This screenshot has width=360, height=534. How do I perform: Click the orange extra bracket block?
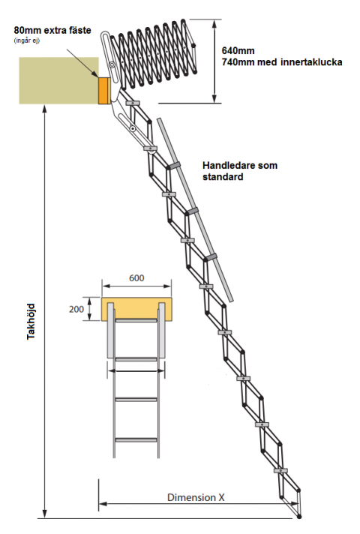pyautogui.click(x=104, y=91)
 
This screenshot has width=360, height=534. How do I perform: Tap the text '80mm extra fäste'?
pyautogui.click(x=52, y=30)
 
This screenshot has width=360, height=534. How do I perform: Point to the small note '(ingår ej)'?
pyautogui.click(x=27, y=40)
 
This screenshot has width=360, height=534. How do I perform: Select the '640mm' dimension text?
pyautogui.click(x=238, y=50)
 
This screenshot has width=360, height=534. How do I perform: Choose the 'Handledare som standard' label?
pyautogui.click(x=240, y=171)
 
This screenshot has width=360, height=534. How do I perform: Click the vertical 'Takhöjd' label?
pyautogui.click(x=31, y=321)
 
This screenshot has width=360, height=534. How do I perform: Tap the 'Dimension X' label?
pyautogui.click(x=196, y=497)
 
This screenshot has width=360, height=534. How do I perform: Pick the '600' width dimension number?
pyautogui.click(x=136, y=278)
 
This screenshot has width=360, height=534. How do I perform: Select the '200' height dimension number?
pyautogui.click(x=76, y=309)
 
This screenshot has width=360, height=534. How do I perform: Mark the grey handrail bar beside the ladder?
pyautogui.click(x=195, y=210)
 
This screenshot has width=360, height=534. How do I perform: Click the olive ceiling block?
pyautogui.click(x=58, y=80)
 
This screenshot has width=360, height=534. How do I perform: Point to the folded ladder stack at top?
pyautogui.click(x=152, y=55)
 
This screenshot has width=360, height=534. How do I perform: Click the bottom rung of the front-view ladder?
pyautogui.click(x=136, y=440)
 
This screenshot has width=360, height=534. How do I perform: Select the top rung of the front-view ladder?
pyautogui.click(x=136, y=320)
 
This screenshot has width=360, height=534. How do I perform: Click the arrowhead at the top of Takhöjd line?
pyautogui.click(x=44, y=108)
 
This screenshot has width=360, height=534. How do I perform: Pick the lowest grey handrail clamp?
pyautogui.click(x=210, y=257)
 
